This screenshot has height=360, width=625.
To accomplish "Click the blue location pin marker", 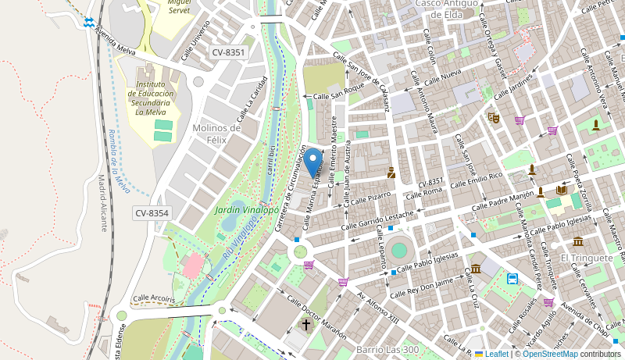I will click(313, 162).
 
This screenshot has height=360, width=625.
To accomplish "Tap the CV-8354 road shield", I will click(152, 213).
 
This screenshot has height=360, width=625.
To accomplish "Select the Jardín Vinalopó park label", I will click(247, 210).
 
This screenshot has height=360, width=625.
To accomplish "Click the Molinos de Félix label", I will click(216, 134).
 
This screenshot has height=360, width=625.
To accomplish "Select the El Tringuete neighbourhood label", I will click(587, 258).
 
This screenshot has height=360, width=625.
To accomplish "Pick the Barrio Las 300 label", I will click(389, 349).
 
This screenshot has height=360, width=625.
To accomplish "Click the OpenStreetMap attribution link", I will click(550, 354).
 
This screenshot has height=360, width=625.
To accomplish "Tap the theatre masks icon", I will click(493, 118).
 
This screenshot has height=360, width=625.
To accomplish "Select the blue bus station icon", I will click(512, 278).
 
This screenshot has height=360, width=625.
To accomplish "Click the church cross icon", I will click(306, 324).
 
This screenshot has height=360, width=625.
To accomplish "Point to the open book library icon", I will click(562, 190).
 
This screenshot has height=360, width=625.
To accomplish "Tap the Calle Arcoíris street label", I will click(154, 298).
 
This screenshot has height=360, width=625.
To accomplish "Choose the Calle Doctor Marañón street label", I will click(316, 315).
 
